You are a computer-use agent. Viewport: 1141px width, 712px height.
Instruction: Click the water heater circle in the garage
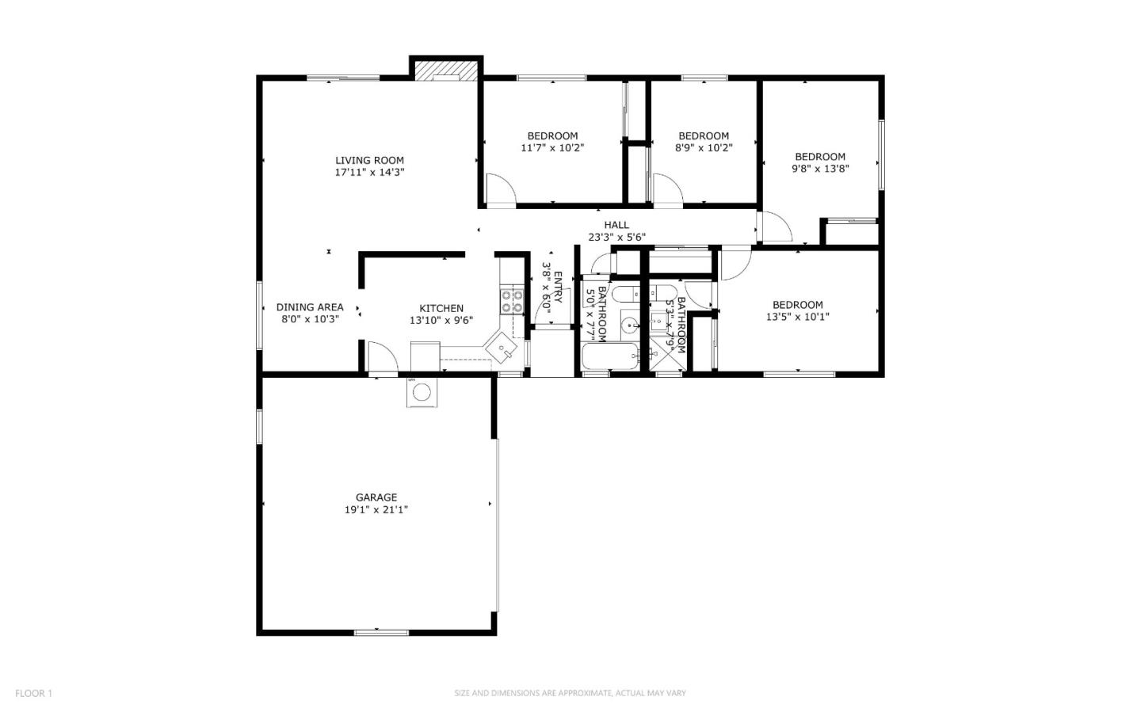click(x=422, y=392)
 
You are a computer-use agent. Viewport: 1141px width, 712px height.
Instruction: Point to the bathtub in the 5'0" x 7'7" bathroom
click(x=609, y=357)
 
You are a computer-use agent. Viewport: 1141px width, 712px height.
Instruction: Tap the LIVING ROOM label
click(x=369, y=160)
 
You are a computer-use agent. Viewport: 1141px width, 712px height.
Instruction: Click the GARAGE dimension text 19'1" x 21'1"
click(x=376, y=510)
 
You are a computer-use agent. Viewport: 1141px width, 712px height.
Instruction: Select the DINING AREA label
click(x=310, y=307)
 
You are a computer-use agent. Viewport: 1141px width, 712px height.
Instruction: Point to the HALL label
click(x=616, y=225)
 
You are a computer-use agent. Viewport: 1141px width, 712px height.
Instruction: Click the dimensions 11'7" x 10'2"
click(x=552, y=147)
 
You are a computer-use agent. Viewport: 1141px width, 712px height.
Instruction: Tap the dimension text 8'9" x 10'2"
click(x=704, y=147)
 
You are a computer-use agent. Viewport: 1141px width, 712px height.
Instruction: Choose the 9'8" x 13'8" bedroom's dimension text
click(x=820, y=168)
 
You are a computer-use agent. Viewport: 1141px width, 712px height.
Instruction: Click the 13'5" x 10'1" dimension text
click(x=797, y=317)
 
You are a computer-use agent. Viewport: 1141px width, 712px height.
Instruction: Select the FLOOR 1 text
click(x=33, y=693)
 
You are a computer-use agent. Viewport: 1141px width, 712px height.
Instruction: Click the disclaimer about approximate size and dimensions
click(x=570, y=693)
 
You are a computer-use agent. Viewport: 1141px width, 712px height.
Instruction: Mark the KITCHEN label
click(x=441, y=308)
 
